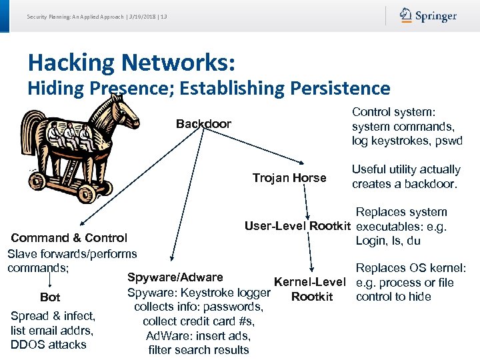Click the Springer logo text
click(437, 16)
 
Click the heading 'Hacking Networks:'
click(131, 63)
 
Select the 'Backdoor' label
click(203, 124)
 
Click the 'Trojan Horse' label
click(289, 178)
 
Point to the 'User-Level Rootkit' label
click(298, 225)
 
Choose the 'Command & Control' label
click(69, 238)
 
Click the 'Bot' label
click(50, 297)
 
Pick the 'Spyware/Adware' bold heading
click(175, 277)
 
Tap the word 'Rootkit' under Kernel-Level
click(312, 297)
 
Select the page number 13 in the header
click(163, 16)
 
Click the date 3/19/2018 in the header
click(144, 16)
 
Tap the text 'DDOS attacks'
click(49, 345)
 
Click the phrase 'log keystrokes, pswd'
click(407, 141)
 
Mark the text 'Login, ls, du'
click(388, 241)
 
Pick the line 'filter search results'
click(199, 350)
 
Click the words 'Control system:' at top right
click(393, 113)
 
